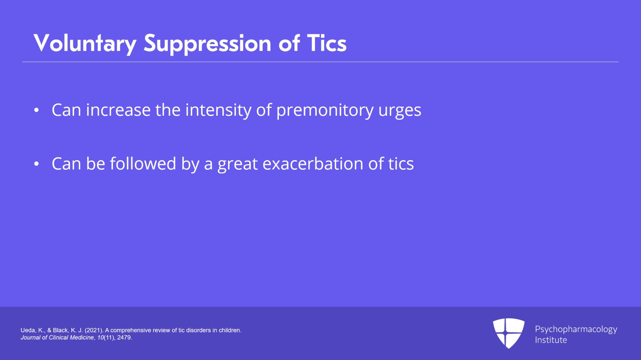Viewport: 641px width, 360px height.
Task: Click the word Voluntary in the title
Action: point(85,44)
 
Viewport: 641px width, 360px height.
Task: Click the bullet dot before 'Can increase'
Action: point(36,110)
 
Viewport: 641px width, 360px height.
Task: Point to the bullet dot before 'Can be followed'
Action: point(36,164)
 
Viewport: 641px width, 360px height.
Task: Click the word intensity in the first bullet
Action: point(218,110)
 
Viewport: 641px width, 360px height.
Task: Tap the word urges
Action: point(400,111)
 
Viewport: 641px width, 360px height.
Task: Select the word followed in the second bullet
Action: point(143,163)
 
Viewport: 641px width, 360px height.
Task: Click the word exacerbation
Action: point(313,163)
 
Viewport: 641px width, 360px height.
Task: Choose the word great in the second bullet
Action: point(238,165)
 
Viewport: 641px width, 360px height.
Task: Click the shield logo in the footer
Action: point(509,333)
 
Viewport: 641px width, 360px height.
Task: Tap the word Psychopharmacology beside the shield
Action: point(576,330)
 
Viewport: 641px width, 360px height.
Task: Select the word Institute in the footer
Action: point(551,340)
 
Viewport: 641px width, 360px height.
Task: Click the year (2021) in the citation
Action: point(94,330)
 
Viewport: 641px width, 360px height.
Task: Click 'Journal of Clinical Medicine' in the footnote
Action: point(57,338)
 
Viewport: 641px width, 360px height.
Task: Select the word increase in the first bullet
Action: point(118,110)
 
